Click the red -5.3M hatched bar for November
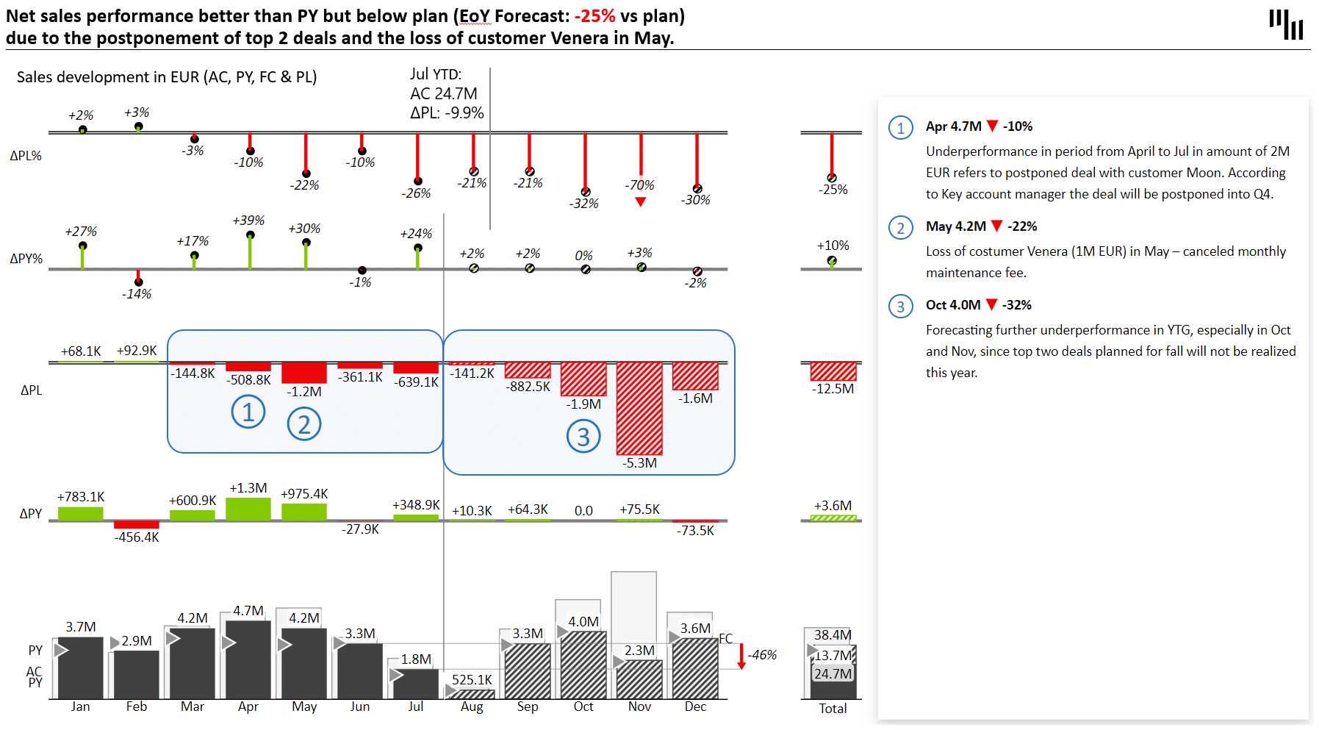(639, 408)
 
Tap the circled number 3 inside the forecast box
(583, 437)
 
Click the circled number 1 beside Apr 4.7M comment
(900, 128)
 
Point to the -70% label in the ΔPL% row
(639, 185)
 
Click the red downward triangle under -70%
(640, 202)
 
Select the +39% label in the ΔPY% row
(248, 221)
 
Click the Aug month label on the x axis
(472, 706)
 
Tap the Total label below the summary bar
(833, 709)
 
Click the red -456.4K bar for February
(137, 524)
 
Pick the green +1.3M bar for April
(248, 509)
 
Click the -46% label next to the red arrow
(763, 655)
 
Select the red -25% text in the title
(594, 16)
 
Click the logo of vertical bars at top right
(1286, 24)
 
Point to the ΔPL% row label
(26, 156)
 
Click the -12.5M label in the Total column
(833, 389)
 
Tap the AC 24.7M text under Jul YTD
(444, 94)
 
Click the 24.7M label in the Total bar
(833, 674)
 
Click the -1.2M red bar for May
(303, 372)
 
